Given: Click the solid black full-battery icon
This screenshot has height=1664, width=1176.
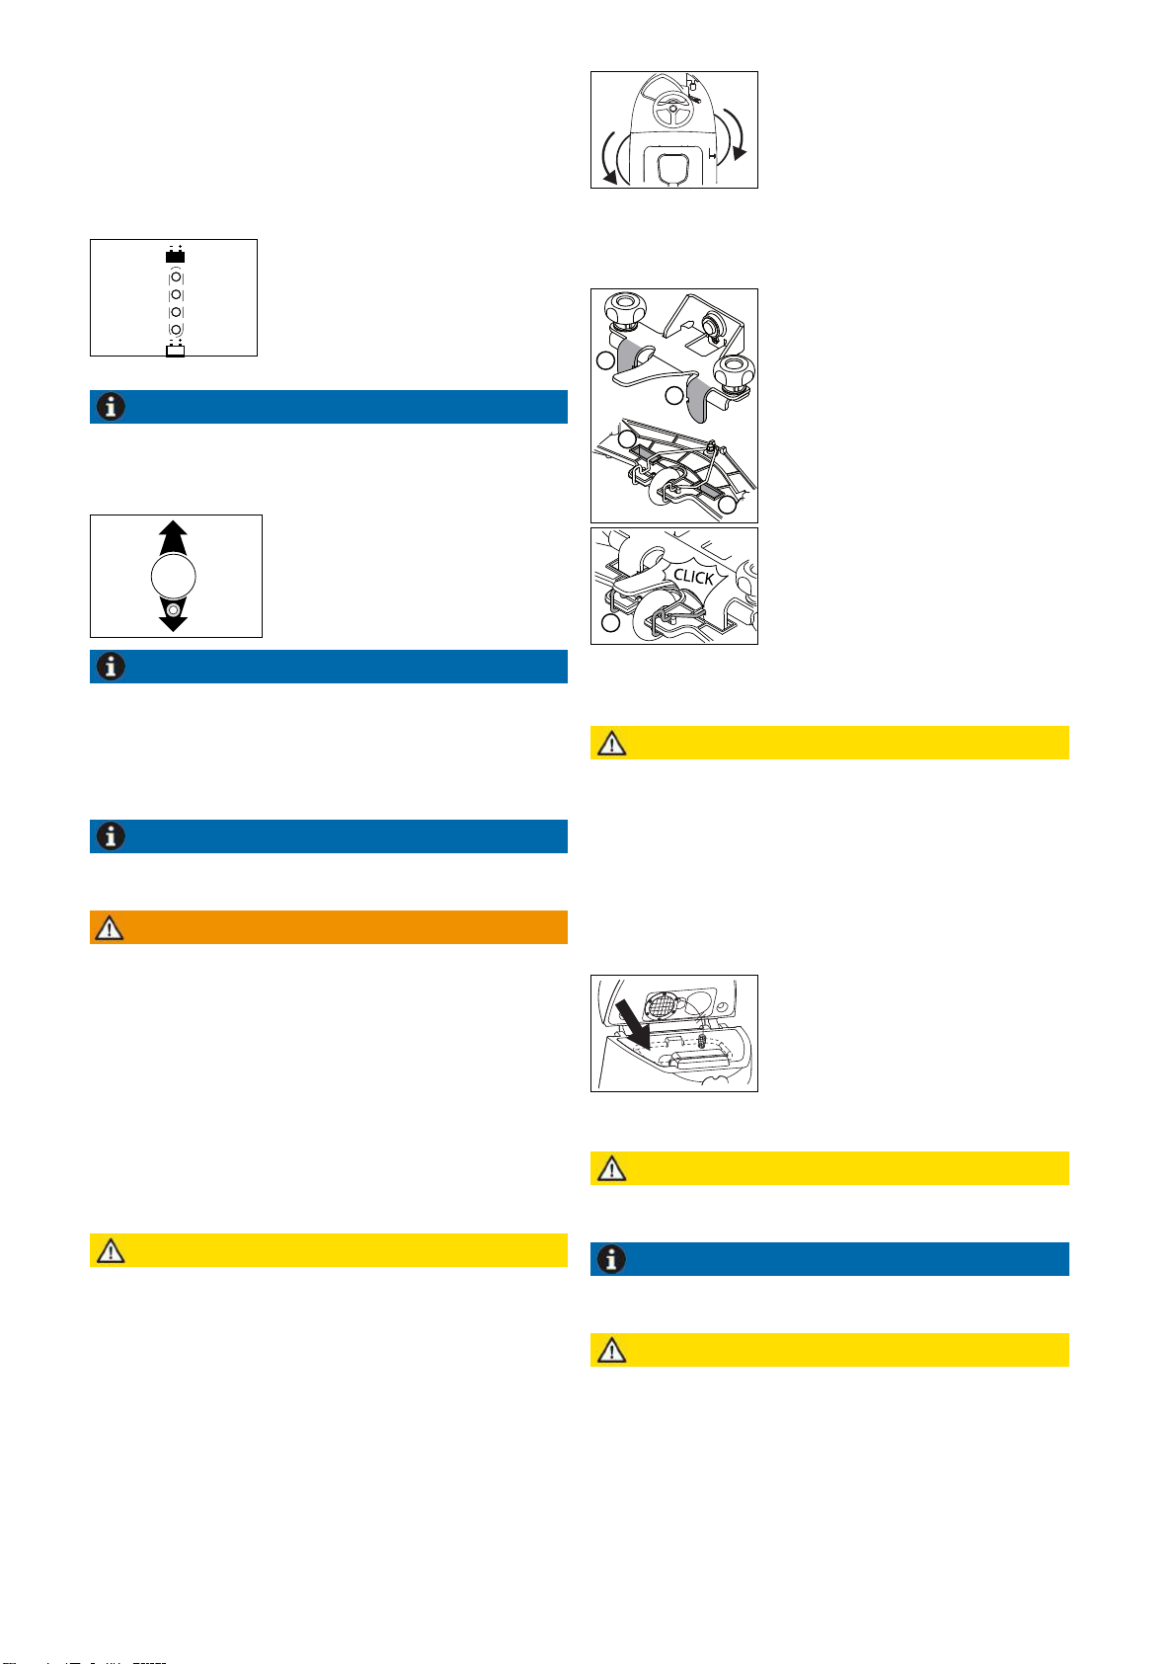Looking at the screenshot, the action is click(x=176, y=256).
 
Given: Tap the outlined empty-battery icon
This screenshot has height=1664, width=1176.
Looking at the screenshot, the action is click(x=176, y=350).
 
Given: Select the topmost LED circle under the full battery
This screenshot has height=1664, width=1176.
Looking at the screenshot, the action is click(x=176, y=277).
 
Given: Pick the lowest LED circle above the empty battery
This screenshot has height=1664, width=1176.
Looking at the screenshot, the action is click(x=176, y=329).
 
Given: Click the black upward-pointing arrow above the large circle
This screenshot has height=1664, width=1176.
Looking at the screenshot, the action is click(x=173, y=536).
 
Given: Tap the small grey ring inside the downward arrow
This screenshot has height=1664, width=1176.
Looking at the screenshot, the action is click(x=173, y=610).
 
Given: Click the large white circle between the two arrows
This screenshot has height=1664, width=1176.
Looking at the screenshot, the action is click(x=173, y=576).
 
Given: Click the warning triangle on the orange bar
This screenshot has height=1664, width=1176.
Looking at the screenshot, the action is click(x=110, y=928).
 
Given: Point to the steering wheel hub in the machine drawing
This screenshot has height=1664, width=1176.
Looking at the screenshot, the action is click(x=673, y=110).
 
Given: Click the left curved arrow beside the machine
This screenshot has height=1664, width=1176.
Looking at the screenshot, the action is click(x=610, y=157).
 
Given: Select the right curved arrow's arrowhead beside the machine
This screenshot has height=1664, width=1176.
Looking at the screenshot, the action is click(x=740, y=153).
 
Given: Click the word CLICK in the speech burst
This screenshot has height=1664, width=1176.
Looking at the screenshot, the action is click(x=693, y=577).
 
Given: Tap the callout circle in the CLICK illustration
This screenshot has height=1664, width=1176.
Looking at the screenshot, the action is click(x=610, y=622).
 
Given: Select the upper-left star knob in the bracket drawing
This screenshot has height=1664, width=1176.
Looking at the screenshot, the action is click(x=625, y=308).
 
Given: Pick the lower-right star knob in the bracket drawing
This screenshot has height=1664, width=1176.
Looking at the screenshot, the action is click(x=734, y=373).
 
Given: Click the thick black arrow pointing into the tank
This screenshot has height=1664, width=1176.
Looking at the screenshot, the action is click(x=633, y=1024).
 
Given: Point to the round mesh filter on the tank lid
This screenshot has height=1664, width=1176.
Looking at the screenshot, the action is click(x=662, y=1005).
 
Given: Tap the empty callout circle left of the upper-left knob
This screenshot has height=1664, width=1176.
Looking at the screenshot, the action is click(x=606, y=361).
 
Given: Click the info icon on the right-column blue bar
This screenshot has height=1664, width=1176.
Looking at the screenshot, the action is click(x=611, y=1259).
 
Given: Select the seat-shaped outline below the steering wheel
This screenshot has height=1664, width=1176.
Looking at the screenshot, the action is click(x=673, y=166).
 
